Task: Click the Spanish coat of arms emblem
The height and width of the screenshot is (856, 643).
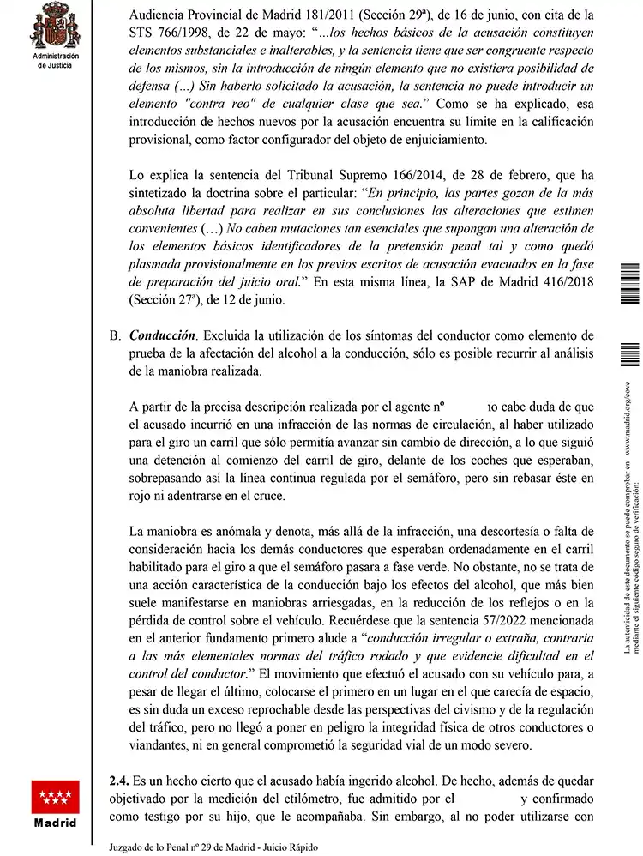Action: tap(54, 27)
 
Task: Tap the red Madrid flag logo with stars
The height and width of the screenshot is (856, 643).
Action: tap(55, 797)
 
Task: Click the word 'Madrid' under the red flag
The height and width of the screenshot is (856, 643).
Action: tap(55, 823)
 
